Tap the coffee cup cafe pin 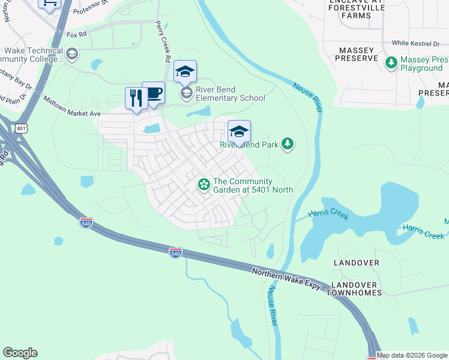coord(153,92)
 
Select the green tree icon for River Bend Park coord(288,143)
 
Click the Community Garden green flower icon coord(204,184)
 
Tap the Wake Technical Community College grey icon coord(72,55)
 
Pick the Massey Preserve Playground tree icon coord(391,62)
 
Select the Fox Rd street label coord(77,35)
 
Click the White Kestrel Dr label coord(420,43)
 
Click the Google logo coord(20,353)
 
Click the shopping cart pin coord(50,3)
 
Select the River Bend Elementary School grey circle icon coord(186,92)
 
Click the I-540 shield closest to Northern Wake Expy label coord(175,253)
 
